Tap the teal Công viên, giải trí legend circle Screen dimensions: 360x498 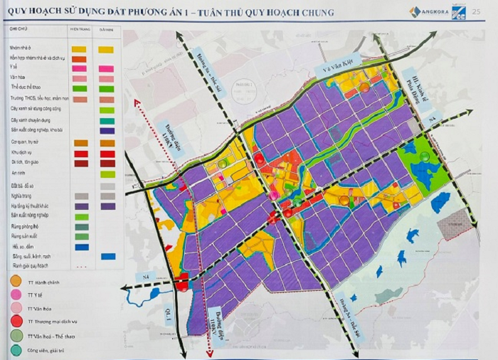[15, 350]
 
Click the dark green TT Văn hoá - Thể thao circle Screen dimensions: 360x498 [15, 334]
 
